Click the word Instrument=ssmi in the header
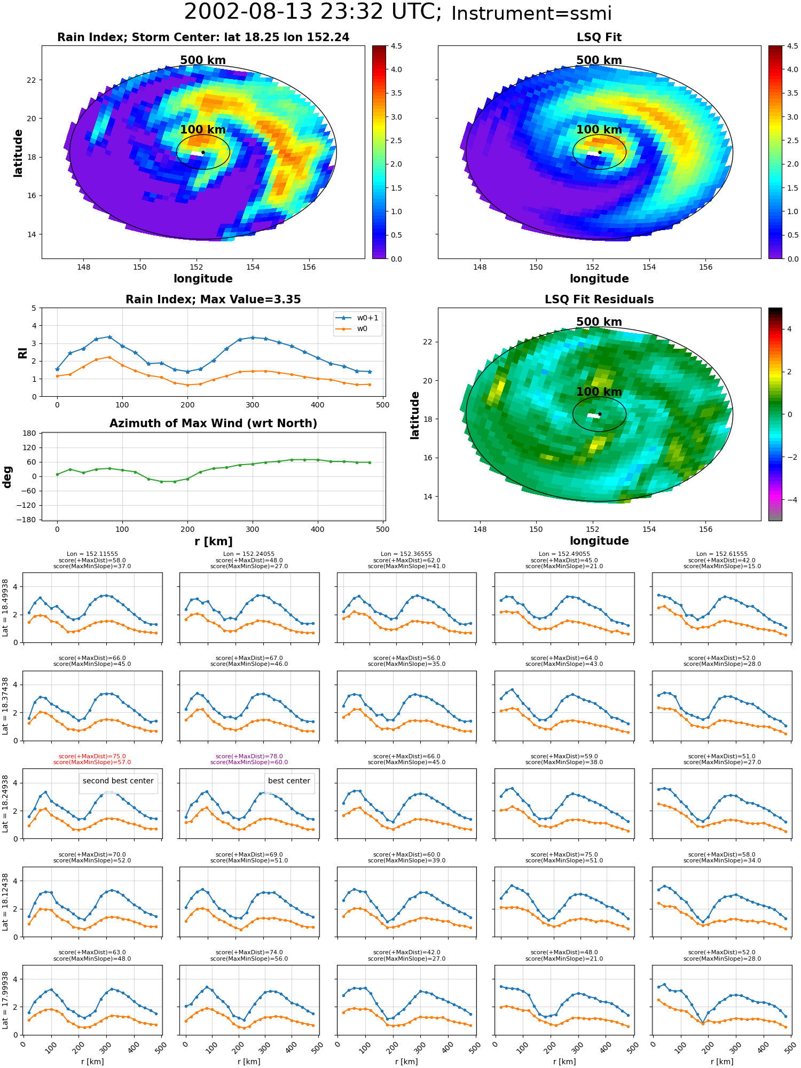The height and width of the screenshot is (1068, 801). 531,13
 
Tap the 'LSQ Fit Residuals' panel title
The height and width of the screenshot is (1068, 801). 599,300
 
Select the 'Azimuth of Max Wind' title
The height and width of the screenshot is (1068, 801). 213,423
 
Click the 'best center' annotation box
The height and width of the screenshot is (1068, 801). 289,781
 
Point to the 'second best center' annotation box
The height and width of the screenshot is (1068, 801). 118,781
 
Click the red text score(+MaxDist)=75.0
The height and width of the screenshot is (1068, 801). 92,756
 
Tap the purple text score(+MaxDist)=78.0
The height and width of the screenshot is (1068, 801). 249,756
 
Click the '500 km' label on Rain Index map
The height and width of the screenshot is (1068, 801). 203,60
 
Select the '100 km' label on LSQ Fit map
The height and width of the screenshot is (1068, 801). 599,130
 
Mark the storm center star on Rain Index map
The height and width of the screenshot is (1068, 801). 203,152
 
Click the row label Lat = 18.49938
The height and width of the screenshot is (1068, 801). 5,608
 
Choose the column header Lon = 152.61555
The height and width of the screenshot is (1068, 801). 722,554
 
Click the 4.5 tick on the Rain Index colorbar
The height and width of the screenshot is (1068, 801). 396,46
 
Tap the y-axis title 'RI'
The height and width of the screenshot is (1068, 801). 23,352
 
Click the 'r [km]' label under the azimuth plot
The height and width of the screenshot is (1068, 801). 213,541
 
